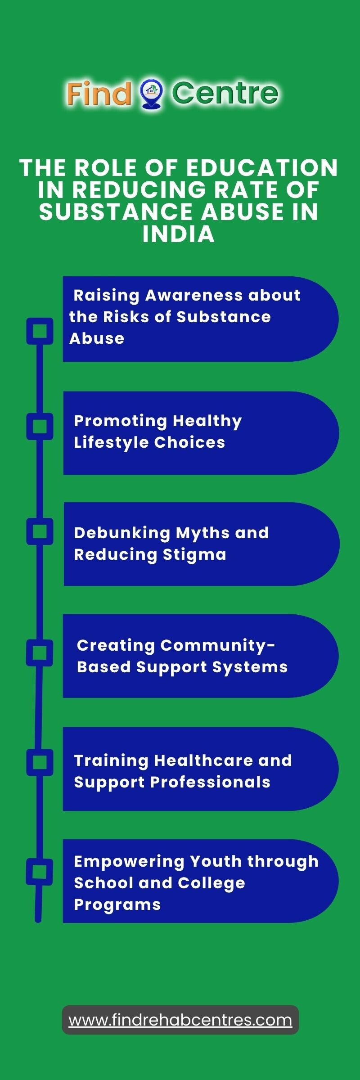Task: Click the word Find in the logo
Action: click(99, 94)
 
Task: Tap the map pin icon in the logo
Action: click(152, 94)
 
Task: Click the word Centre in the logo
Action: click(225, 93)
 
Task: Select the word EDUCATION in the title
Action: click(262, 168)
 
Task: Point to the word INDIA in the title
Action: click(179, 234)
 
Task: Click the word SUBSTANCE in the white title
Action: click(116, 212)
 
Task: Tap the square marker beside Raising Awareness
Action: click(40, 331)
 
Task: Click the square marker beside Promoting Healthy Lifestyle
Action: click(40, 426)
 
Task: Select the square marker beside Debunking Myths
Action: click(40, 531)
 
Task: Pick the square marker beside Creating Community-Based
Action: click(40, 652)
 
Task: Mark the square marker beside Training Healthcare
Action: click(40, 762)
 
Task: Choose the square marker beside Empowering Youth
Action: click(40, 872)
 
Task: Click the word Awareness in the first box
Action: click(194, 295)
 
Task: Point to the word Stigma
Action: click(194, 555)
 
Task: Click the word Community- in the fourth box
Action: click(218, 646)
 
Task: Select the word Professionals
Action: click(210, 782)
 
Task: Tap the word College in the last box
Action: click(211, 883)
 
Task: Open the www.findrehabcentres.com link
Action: click(180, 1020)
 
